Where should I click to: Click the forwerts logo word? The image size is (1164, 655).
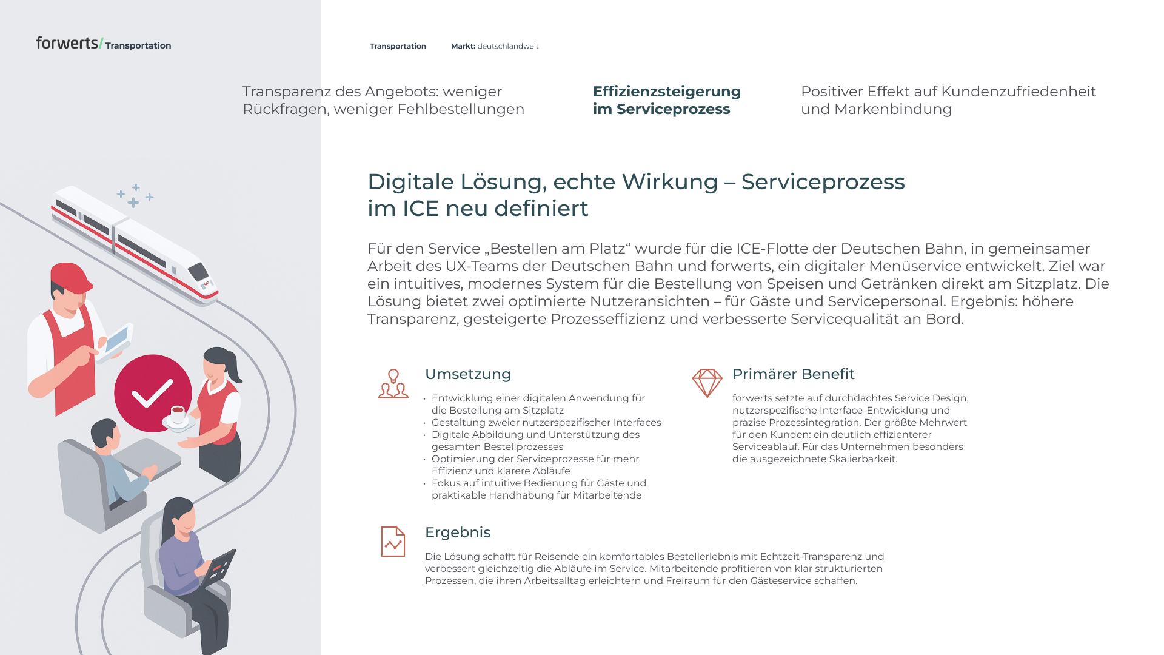pyautogui.click(x=67, y=43)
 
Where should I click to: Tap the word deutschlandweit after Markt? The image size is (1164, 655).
pyautogui.click(x=507, y=46)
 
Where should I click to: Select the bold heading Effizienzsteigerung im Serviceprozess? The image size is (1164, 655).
pyautogui.click(x=666, y=100)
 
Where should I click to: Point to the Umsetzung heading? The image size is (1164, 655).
pyautogui.click(x=467, y=374)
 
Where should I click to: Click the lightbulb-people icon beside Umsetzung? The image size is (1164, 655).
pyautogui.click(x=393, y=383)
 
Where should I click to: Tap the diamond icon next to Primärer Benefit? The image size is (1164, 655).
pyautogui.click(x=707, y=383)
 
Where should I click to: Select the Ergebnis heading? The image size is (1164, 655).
pyautogui.click(x=457, y=532)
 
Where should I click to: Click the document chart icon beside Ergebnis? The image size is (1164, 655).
pyautogui.click(x=393, y=542)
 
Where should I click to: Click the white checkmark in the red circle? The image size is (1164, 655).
pyautogui.click(x=152, y=394)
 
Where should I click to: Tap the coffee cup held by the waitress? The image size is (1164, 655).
pyautogui.click(x=178, y=414)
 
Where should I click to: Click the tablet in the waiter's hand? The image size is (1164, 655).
pyautogui.click(x=117, y=339)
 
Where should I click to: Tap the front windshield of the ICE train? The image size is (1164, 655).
pyautogui.click(x=198, y=271)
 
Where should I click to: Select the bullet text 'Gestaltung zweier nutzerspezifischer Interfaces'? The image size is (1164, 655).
pyautogui.click(x=546, y=423)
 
